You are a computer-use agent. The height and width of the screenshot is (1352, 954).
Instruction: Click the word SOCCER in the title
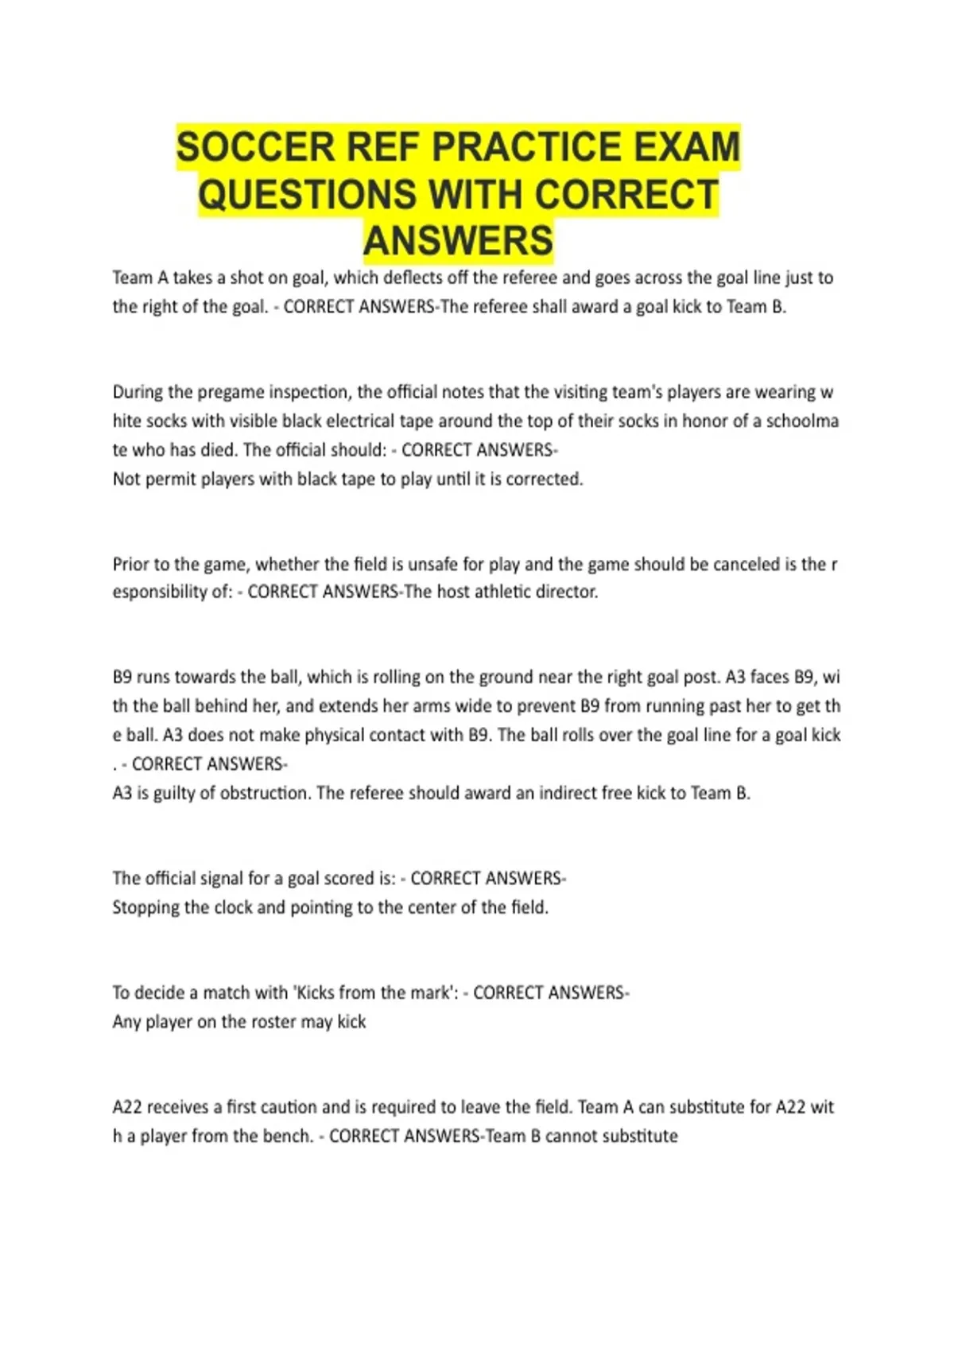pyautogui.click(x=245, y=147)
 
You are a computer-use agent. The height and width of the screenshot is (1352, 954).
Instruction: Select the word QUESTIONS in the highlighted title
pyautogui.click(x=306, y=195)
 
